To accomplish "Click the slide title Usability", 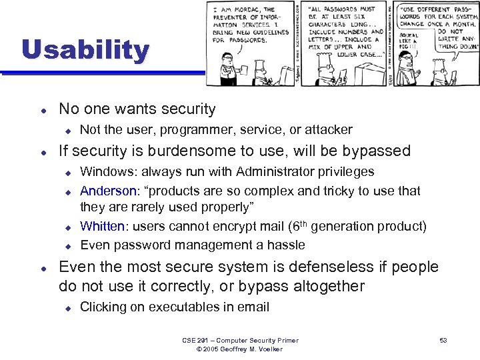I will pos(85,51).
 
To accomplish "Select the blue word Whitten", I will pos(101,227).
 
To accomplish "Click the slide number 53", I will pos(443,341).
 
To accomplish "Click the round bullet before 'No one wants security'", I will pos(42,109).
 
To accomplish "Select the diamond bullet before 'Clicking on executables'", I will pos(67,308).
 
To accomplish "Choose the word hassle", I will pos(287,245).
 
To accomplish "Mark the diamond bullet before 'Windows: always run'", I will pos(67,173).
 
